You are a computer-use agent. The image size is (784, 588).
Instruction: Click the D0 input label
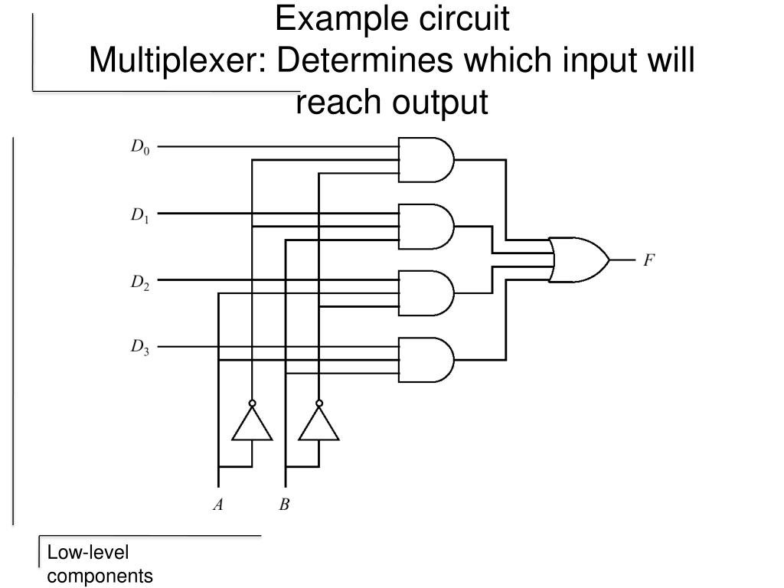pyautogui.click(x=140, y=147)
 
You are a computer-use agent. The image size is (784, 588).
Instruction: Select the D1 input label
pyautogui.click(x=140, y=216)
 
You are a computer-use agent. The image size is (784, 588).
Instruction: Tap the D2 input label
pyautogui.click(x=140, y=283)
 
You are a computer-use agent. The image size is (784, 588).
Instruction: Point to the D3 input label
pyautogui.click(x=140, y=348)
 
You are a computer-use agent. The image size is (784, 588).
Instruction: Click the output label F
pyautogui.click(x=648, y=260)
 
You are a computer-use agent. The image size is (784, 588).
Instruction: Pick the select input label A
pyautogui.click(x=218, y=505)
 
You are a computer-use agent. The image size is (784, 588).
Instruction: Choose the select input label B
pyautogui.click(x=285, y=505)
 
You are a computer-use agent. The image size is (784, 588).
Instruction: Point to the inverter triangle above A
pyautogui.click(x=252, y=425)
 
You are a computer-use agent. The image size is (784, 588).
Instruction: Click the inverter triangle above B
pyautogui.click(x=318, y=425)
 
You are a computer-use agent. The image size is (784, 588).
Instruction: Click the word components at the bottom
pyautogui.click(x=100, y=576)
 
